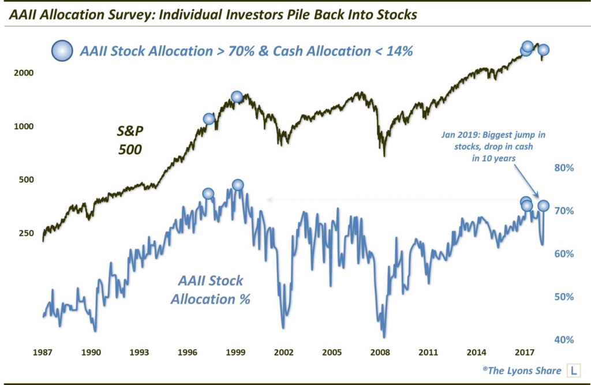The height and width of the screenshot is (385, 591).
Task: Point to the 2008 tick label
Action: point(379,352)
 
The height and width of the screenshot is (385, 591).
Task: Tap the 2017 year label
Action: point(523,352)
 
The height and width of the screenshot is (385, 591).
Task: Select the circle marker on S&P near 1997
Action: point(209,119)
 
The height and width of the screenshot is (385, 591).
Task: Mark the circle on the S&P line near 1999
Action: point(237,96)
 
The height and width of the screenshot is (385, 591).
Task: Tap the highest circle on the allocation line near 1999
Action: point(238,185)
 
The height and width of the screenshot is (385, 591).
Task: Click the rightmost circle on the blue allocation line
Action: point(543,205)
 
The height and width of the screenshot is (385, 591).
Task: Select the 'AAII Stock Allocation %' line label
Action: point(211,290)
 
